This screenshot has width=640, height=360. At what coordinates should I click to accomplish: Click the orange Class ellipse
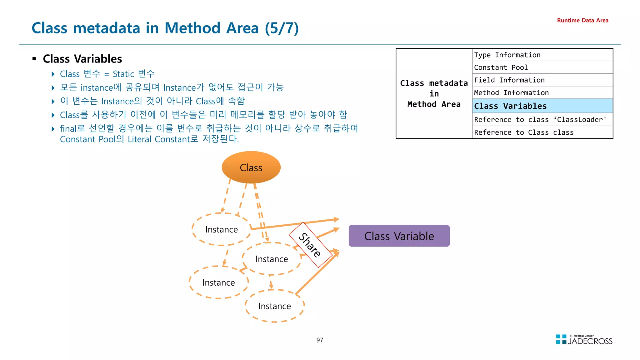[251, 167]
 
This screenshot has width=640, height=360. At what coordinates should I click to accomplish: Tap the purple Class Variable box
[399, 236]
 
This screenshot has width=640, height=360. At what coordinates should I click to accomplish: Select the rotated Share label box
[310, 245]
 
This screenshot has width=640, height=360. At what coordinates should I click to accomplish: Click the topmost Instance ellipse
[221, 229]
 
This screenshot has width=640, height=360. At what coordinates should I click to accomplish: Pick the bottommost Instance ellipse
[274, 306]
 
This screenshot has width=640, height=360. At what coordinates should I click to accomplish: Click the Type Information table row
[542, 55]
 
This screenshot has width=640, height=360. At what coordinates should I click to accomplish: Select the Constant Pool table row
[542, 67]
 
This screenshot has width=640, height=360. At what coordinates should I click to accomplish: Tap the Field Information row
[542, 80]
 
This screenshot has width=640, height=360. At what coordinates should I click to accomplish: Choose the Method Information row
[542, 93]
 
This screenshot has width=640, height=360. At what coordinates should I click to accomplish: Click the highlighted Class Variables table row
[542, 106]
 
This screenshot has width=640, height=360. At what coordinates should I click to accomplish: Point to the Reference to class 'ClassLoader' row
[542, 120]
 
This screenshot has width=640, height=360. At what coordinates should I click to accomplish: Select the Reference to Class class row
[542, 132]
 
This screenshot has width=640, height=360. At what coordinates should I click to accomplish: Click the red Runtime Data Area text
[582, 21]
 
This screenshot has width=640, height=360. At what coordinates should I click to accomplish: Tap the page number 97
[320, 340]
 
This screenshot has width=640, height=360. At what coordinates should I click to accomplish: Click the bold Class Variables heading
[82, 59]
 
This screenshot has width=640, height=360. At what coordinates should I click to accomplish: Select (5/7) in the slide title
[282, 28]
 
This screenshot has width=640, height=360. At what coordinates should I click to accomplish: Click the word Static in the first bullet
[123, 74]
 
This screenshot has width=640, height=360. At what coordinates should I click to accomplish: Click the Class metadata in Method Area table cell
[434, 93]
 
